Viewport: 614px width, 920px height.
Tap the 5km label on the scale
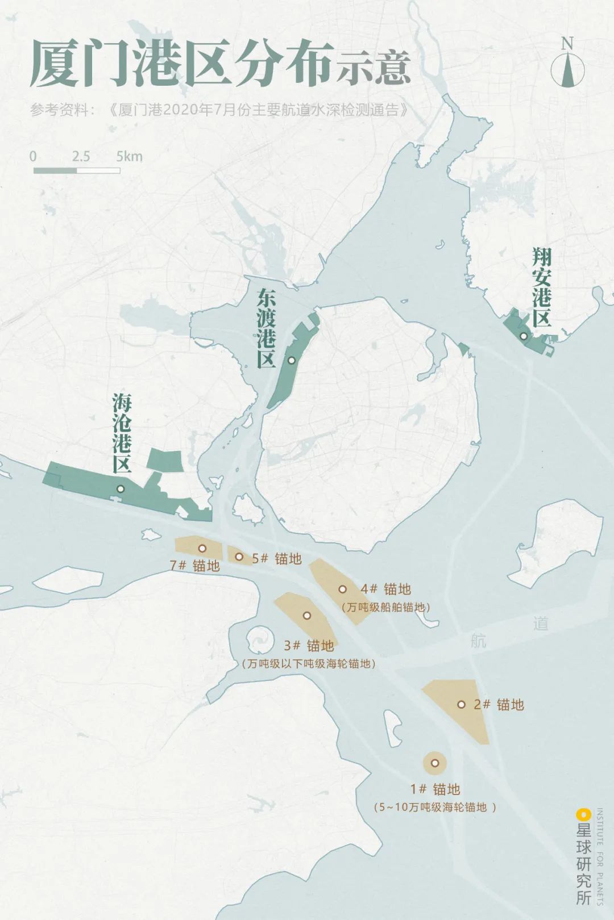(130, 156)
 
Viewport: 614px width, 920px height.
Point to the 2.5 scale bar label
(81, 156)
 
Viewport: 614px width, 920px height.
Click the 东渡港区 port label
(265, 328)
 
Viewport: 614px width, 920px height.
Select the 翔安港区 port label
(542, 287)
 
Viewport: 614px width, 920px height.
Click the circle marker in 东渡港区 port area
(292, 360)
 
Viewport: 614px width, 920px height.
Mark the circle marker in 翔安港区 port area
(524, 336)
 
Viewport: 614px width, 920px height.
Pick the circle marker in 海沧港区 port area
(121, 488)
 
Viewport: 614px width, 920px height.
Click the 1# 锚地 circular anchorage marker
(435, 763)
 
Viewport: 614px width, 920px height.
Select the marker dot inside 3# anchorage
(307, 615)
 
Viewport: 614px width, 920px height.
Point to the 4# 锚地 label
(385, 589)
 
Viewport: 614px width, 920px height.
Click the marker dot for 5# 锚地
(239, 557)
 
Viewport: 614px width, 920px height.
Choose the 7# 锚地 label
(195, 566)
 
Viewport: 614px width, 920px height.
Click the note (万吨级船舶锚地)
(386, 607)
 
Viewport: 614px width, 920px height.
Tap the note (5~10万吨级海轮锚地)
(435, 807)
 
